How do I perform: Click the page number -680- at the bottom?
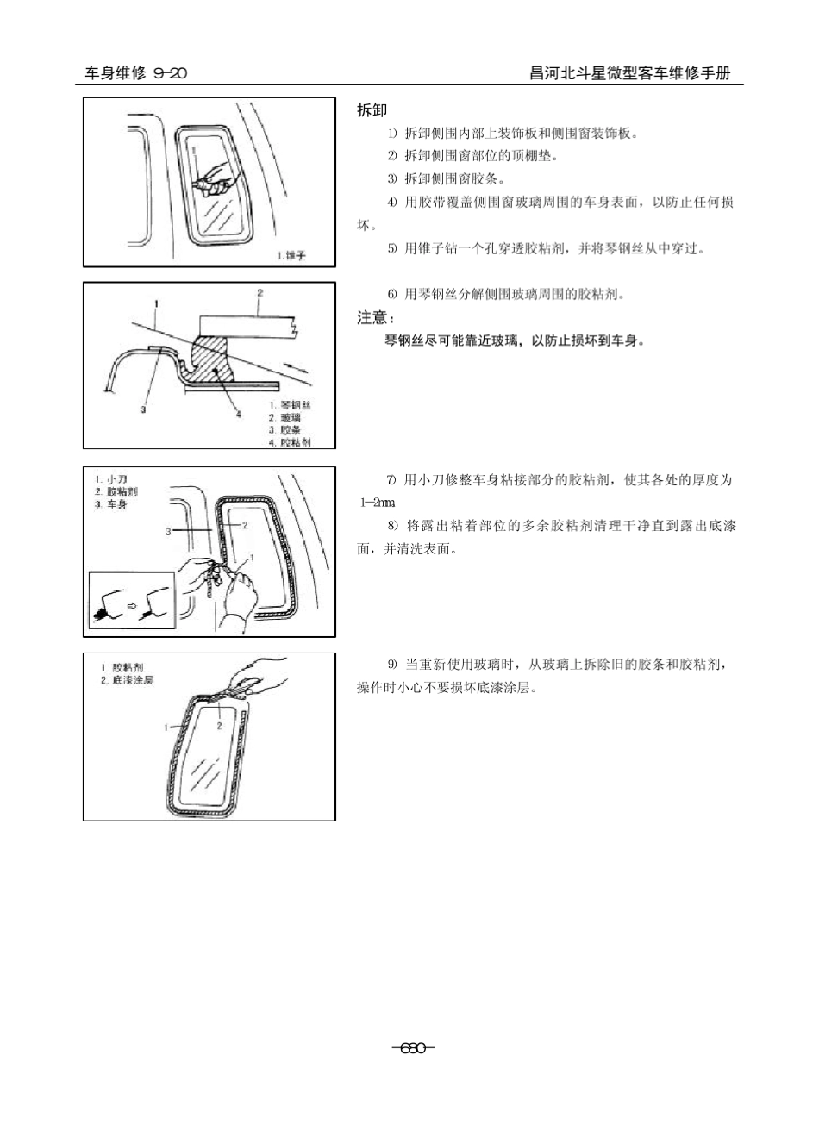[413, 1048]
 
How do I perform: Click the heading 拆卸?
[372, 110]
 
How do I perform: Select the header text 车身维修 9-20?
[135, 74]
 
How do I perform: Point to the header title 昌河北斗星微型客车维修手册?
[629, 74]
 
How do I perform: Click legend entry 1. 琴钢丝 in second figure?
[290, 405]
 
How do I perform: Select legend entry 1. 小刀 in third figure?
[112, 478]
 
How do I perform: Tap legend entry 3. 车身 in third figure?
[112, 504]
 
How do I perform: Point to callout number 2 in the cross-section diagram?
[259, 293]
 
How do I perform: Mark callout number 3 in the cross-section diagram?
[143, 410]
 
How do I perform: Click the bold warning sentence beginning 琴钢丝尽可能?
[515, 341]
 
